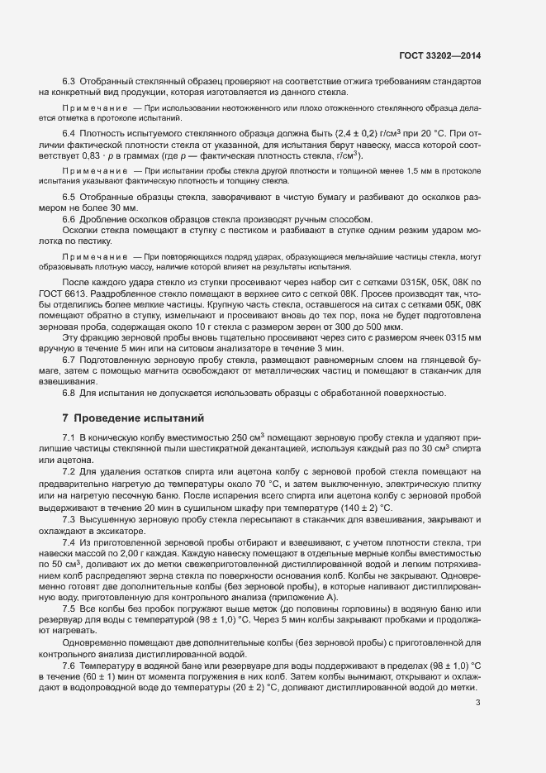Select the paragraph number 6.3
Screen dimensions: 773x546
69,81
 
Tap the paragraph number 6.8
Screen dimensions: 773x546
69,392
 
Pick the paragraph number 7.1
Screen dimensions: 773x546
69,436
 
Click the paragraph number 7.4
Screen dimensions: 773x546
69,541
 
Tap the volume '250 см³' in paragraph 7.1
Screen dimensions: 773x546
247,436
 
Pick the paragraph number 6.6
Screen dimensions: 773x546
69,218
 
